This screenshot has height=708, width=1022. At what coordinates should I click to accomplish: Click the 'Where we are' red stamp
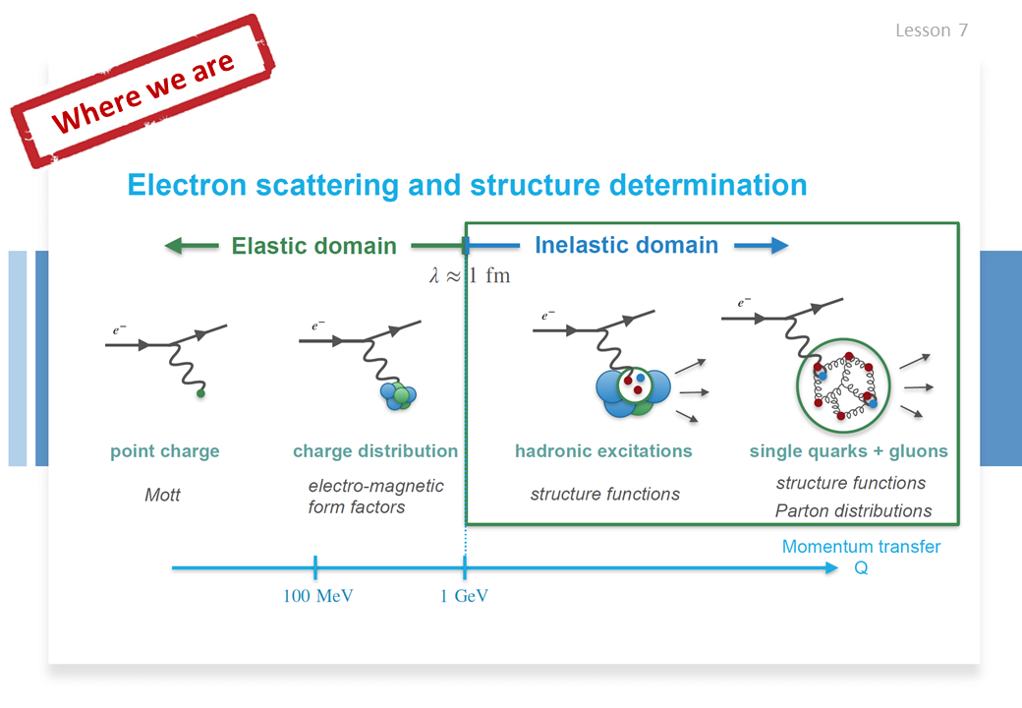coord(143,91)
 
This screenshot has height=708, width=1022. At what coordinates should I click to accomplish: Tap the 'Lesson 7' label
coord(932,29)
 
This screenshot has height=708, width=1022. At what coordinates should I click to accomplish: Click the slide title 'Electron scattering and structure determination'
coord(468,185)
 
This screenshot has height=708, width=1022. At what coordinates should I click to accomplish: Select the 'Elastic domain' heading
coord(314,246)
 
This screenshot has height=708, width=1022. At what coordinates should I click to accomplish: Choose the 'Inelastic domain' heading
coord(626,245)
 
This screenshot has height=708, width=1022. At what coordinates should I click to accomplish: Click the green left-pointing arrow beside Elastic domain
coord(192,246)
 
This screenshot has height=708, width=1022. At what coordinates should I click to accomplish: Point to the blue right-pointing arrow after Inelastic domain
coord(762,246)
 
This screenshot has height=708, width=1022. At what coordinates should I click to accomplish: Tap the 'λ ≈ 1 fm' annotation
coord(470,275)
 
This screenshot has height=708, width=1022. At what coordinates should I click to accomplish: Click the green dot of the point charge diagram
coord(200,393)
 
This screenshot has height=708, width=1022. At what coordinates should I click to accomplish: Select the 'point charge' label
coord(165,451)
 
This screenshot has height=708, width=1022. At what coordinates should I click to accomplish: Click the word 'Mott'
coord(162,495)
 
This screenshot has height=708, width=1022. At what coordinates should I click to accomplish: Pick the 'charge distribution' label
coord(375,451)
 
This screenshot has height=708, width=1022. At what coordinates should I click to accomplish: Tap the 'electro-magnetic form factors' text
coord(376,497)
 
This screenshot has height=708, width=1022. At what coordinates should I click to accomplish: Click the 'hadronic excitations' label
coord(603,451)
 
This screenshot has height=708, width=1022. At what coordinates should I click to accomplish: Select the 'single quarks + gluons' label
coord(849,451)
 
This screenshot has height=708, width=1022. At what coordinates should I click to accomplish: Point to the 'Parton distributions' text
coord(853,510)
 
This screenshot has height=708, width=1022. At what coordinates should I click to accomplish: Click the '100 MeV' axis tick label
coord(318,596)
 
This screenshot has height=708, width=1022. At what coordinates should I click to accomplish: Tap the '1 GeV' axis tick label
coord(464,596)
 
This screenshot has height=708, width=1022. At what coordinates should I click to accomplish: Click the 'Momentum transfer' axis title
coord(861,547)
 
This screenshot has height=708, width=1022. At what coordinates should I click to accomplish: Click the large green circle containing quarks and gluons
coord(797,385)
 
